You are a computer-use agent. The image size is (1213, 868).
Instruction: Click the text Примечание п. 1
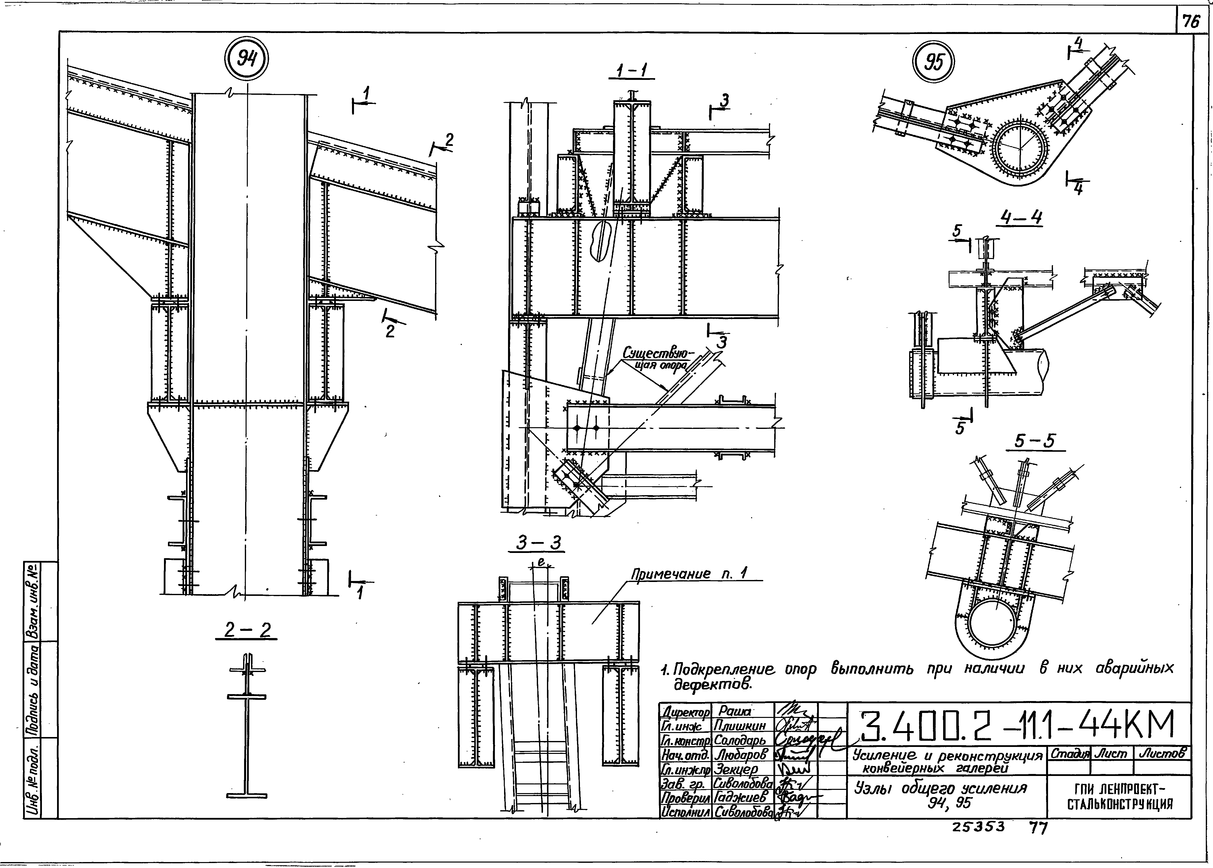pos(689,574)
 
